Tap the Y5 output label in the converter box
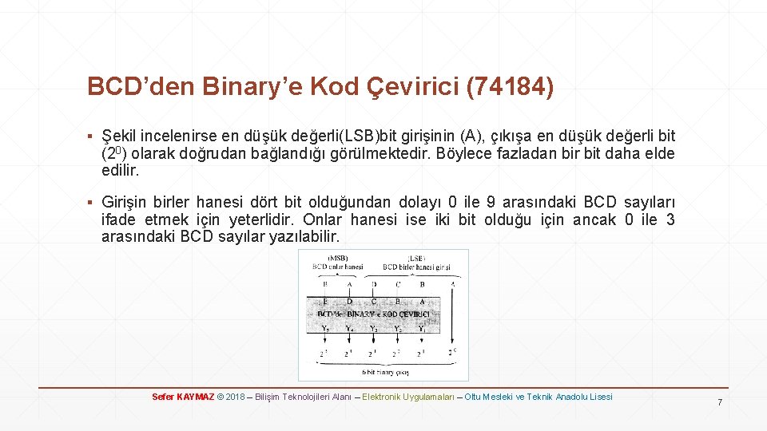[x=324, y=327]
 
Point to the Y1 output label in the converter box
[x=422, y=327]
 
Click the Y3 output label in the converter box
[x=373, y=327]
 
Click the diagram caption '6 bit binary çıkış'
[x=385, y=371]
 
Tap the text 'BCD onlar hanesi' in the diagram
[x=337, y=267]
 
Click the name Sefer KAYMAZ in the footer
[x=183, y=397]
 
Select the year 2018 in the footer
[x=235, y=397]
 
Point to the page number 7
[x=719, y=401]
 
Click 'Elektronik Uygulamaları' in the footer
[x=408, y=397]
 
